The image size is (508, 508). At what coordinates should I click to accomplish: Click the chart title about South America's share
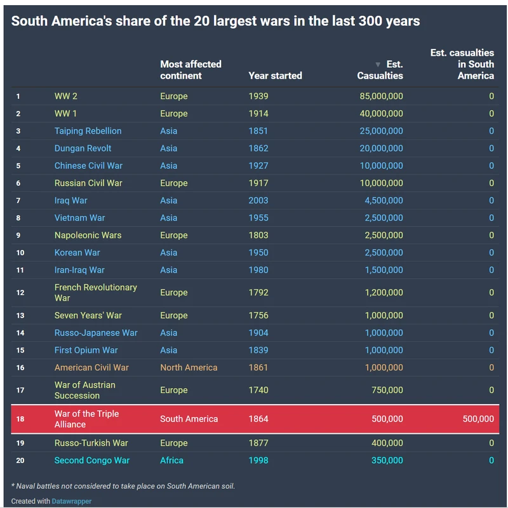pyautogui.click(x=215, y=21)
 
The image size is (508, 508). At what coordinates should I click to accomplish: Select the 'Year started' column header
pyautogui.click(x=275, y=75)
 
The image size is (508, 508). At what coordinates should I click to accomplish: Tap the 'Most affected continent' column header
pyautogui.click(x=190, y=70)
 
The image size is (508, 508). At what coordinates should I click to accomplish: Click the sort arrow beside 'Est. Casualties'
pyautogui.click(x=378, y=65)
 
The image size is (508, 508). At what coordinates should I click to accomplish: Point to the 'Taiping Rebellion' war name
pyautogui.click(x=88, y=131)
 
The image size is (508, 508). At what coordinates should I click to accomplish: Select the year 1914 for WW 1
pyautogui.click(x=258, y=114)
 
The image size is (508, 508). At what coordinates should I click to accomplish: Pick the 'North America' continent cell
pyautogui.click(x=189, y=367)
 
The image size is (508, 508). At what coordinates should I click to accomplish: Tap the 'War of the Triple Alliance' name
pyautogui.click(x=86, y=419)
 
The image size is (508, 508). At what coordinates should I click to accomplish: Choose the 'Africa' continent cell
pyautogui.click(x=171, y=460)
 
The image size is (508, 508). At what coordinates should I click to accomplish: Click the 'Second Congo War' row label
pyautogui.click(x=91, y=460)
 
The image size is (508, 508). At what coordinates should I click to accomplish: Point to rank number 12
pyautogui.click(x=20, y=293)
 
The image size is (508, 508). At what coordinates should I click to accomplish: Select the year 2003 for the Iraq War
pyautogui.click(x=258, y=200)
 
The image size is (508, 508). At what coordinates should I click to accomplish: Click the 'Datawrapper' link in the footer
pyautogui.click(x=72, y=501)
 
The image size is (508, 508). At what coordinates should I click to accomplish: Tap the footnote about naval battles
pyautogui.click(x=123, y=486)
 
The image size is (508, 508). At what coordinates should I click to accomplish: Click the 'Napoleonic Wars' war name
pyautogui.click(x=88, y=235)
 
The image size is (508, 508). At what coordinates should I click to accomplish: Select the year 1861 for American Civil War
pyautogui.click(x=258, y=367)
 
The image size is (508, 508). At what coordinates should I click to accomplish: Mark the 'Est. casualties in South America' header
pyautogui.click(x=462, y=64)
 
